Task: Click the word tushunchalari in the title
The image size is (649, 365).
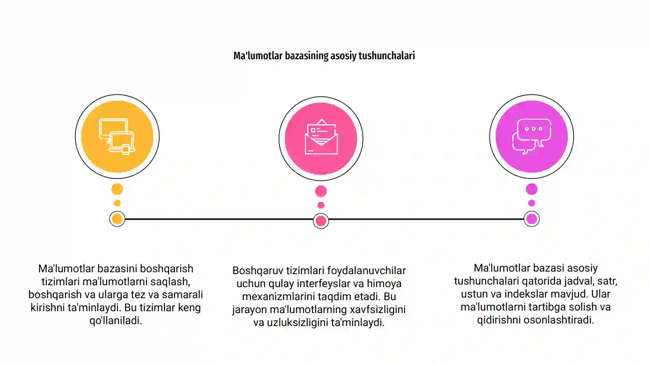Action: coord(387,56)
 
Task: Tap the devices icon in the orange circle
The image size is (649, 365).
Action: coord(117,136)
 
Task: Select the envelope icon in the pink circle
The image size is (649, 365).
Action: coord(321,137)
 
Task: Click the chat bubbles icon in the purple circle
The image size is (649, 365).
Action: coord(532,136)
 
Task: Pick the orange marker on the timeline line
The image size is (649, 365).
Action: coord(117,219)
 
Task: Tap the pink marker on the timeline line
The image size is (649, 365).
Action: coord(321,221)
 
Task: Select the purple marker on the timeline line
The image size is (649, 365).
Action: coord(532,219)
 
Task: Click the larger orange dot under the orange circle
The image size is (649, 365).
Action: coord(117,189)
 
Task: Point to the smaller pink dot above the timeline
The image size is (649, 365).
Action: coord(321,205)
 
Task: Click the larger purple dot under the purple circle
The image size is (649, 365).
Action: coord(532,189)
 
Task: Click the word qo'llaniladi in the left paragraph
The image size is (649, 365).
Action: coord(116,321)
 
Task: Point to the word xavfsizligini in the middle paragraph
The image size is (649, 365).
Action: coord(378,309)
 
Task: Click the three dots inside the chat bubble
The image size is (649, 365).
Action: coord(533,129)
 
